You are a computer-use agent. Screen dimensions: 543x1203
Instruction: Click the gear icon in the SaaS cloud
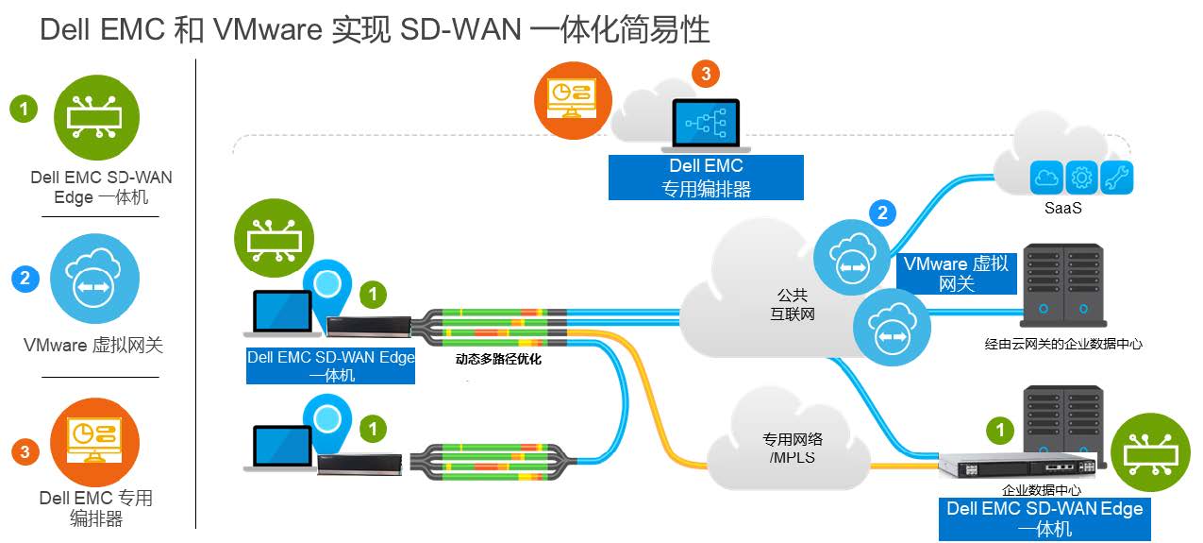click(1082, 177)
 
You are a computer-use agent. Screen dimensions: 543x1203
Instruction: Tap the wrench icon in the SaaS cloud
click(1117, 177)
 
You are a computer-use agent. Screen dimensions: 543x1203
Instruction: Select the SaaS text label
click(1063, 207)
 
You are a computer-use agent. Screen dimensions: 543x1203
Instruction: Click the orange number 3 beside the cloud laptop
click(705, 74)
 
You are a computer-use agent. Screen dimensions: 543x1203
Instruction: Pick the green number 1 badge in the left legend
click(24, 109)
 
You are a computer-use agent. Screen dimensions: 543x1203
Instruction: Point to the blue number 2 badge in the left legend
click(25, 279)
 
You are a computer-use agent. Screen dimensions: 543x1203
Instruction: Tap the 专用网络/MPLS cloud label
click(793, 448)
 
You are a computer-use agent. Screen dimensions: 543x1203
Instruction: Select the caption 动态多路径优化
click(499, 359)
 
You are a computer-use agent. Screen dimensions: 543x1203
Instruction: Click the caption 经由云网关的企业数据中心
click(1063, 344)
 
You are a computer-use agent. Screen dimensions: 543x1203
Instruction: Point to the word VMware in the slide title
click(268, 31)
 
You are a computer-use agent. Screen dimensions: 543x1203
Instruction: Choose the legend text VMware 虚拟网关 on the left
click(93, 346)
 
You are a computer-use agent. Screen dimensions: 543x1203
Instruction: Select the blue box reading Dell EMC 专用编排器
click(706, 178)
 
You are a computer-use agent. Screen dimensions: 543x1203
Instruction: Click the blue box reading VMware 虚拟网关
click(956, 273)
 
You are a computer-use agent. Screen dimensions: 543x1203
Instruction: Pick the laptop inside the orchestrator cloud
click(706, 125)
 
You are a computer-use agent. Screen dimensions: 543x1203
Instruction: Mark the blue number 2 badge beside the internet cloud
click(882, 212)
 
